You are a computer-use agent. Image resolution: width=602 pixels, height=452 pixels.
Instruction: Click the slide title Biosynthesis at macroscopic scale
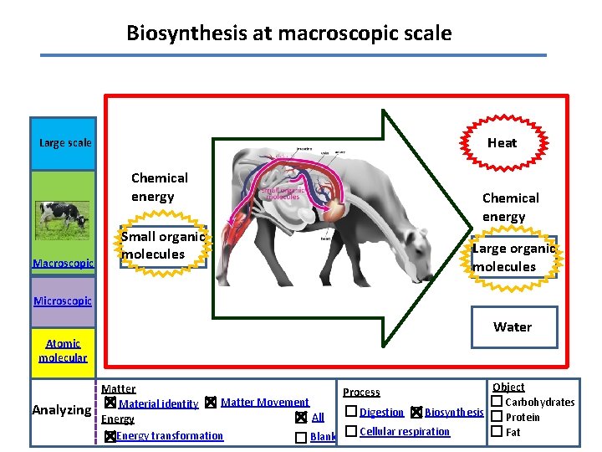[x=288, y=33]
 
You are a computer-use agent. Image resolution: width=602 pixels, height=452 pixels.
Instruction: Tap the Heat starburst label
[x=502, y=142]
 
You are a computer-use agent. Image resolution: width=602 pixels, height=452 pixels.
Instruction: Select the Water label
[x=512, y=326]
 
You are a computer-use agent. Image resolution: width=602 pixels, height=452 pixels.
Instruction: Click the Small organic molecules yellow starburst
[x=162, y=245]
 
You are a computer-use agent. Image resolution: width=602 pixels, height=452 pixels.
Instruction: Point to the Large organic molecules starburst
[x=513, y=257]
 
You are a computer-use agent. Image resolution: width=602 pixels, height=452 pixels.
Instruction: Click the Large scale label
[x=65, y=143]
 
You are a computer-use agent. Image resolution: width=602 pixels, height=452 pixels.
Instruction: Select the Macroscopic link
[x=63, y=263]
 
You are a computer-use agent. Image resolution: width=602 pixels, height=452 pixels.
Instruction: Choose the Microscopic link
[x=63, y=300]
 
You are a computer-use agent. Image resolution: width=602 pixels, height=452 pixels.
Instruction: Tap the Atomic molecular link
[x=63, y=350]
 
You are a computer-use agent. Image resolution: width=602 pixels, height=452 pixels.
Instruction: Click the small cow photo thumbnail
[x=63, y=218]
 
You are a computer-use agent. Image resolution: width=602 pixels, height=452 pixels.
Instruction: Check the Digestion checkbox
[x=351, y=412]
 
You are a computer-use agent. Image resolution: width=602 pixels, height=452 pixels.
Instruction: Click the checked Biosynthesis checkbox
[x=416, y=413]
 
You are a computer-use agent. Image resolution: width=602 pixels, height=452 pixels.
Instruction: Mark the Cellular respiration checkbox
[x=351, y=431]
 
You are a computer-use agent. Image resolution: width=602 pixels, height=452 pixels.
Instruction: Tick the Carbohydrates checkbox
[x=496, y=402]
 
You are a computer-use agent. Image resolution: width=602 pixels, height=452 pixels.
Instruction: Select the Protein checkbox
[x=496, y=417]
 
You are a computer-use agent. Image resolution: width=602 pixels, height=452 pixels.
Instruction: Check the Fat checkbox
[x=496, y=432]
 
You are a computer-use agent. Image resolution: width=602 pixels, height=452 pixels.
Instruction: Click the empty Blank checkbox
[x=300, y=437]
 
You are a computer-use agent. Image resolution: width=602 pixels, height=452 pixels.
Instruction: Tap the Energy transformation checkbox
[x=109, y=436]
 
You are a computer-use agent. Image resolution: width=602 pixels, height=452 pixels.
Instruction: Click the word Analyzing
[x=61, y=410]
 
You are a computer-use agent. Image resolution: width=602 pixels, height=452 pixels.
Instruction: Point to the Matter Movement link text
[x=264, y=403]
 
